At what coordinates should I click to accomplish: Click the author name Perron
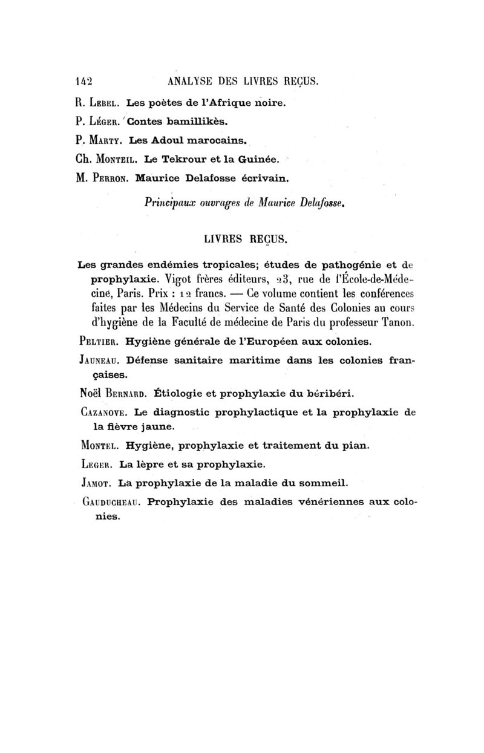pos(111,179)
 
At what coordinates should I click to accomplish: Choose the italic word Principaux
pos(172,203)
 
